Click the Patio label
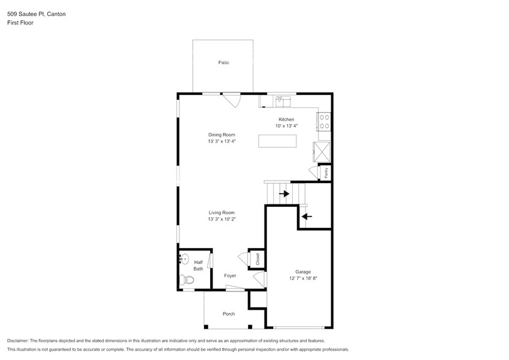pos(224,62)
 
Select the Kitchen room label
pos(286,119)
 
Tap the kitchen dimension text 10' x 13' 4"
pos(286,126)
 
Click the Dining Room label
pos(221,135)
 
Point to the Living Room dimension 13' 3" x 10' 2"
pos(221,219)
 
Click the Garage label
pos(303,272)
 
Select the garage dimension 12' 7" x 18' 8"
pos(303,279)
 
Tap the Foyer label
pos(230,276)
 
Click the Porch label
pos(228,314)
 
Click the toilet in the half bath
pos(187,280)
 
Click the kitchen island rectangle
pos(277,141)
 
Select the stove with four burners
pos(324,122)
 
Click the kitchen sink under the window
pos(282,100)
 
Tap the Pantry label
pos(326,173)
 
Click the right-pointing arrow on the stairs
pos(284,193)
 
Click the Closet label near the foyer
pos(257,259)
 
